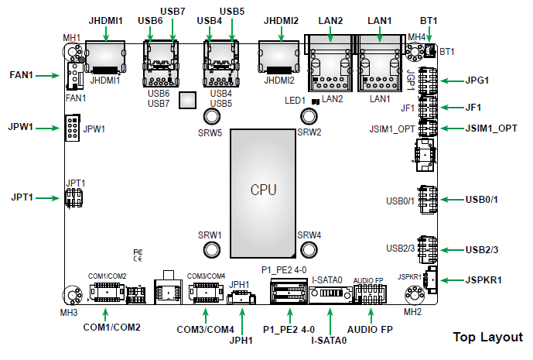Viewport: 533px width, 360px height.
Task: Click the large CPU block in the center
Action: point(262,190)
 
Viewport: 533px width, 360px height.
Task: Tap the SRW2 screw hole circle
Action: point(309,117)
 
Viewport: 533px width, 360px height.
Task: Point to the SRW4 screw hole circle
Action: point(309,249)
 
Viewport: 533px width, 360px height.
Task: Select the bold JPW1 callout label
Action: point(20,126)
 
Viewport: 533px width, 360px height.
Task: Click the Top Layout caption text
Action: point(487,338)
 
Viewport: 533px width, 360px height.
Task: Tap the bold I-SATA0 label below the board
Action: point(329,339)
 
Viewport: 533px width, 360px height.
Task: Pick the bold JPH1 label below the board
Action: point(242,339)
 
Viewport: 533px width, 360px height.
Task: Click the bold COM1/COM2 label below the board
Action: point(112,327)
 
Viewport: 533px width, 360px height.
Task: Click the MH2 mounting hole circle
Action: point(413,295)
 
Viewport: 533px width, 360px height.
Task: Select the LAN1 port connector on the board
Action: point(379,66)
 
